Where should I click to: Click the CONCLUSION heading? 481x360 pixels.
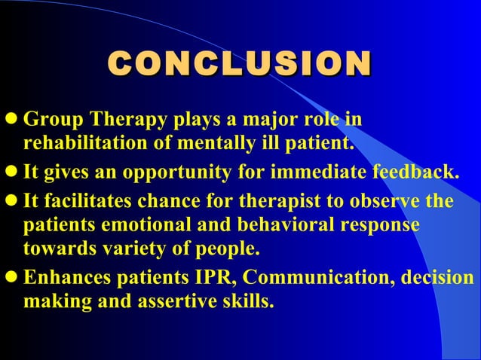[x=240, y=63]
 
